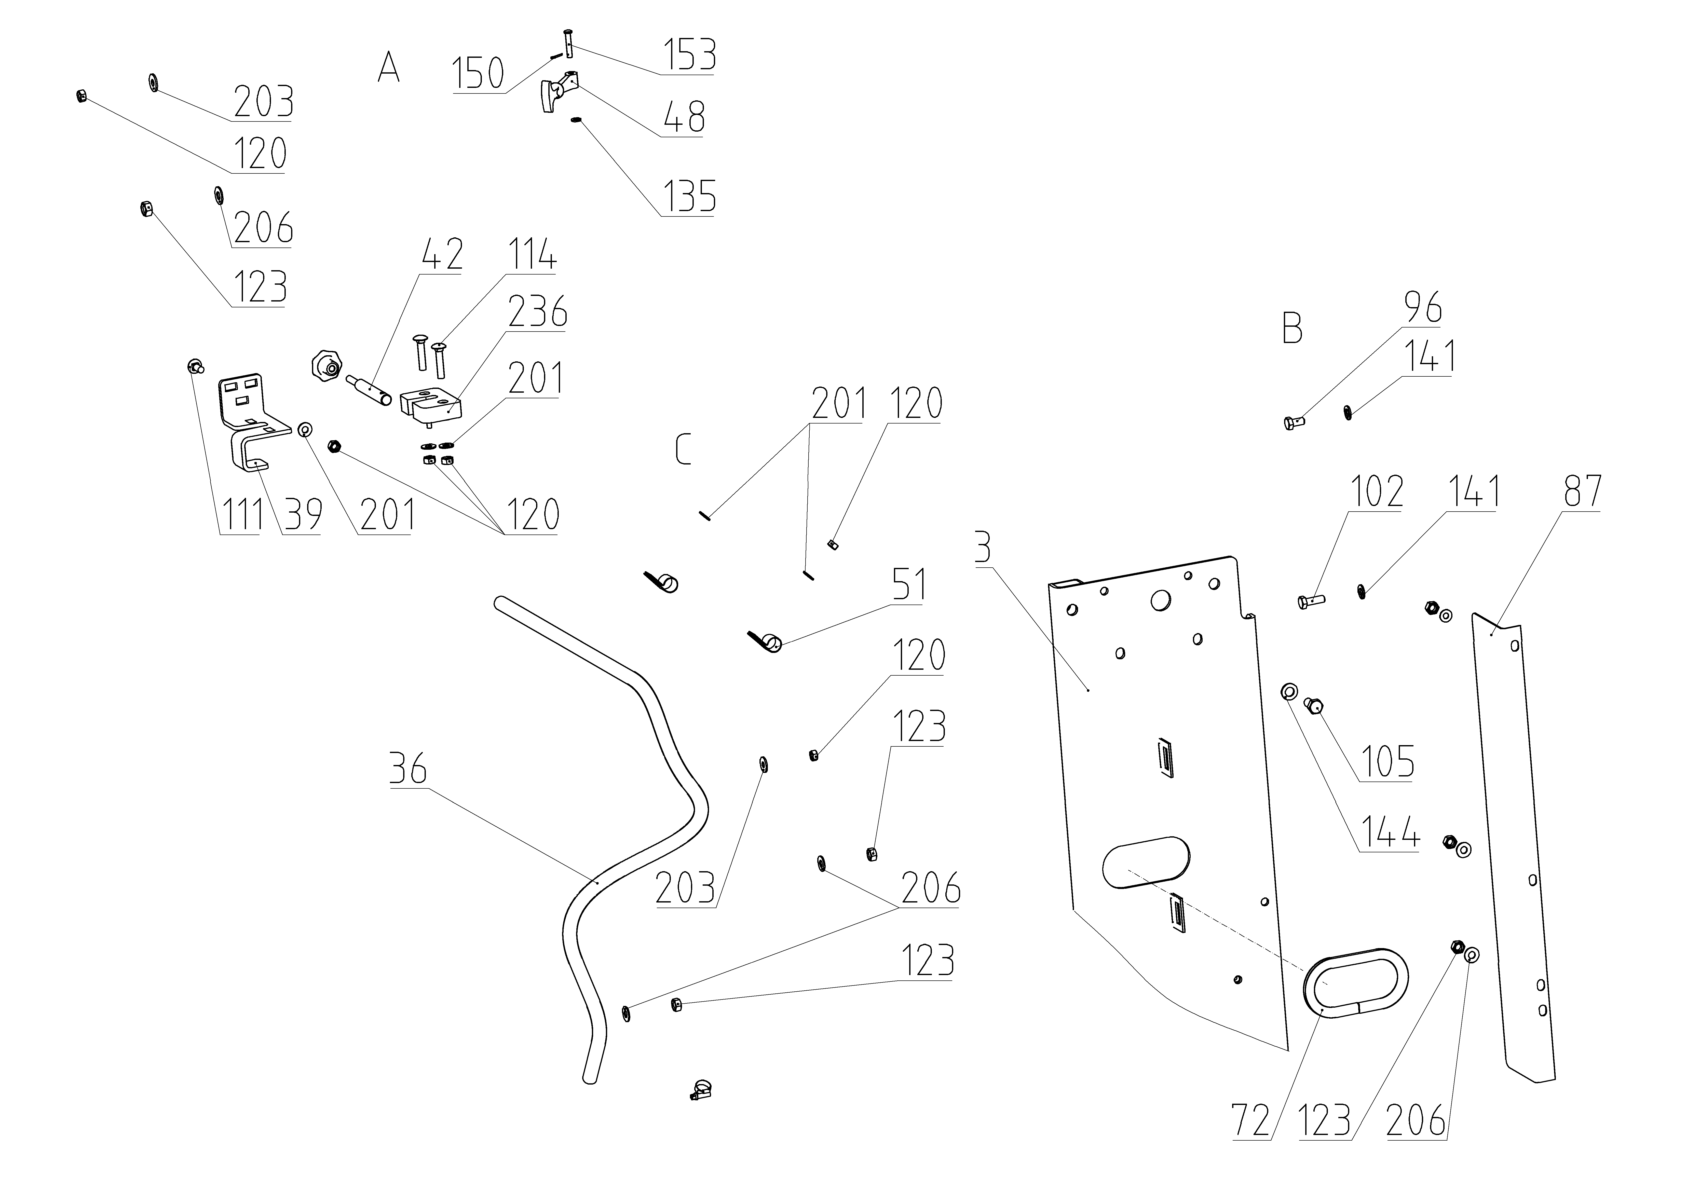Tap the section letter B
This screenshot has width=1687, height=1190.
(x=1292, y=328)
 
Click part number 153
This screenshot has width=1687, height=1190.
(x=689, y=55)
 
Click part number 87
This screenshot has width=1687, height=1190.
(x=1582, y=491)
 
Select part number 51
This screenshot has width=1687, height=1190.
(x=909, y=585)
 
